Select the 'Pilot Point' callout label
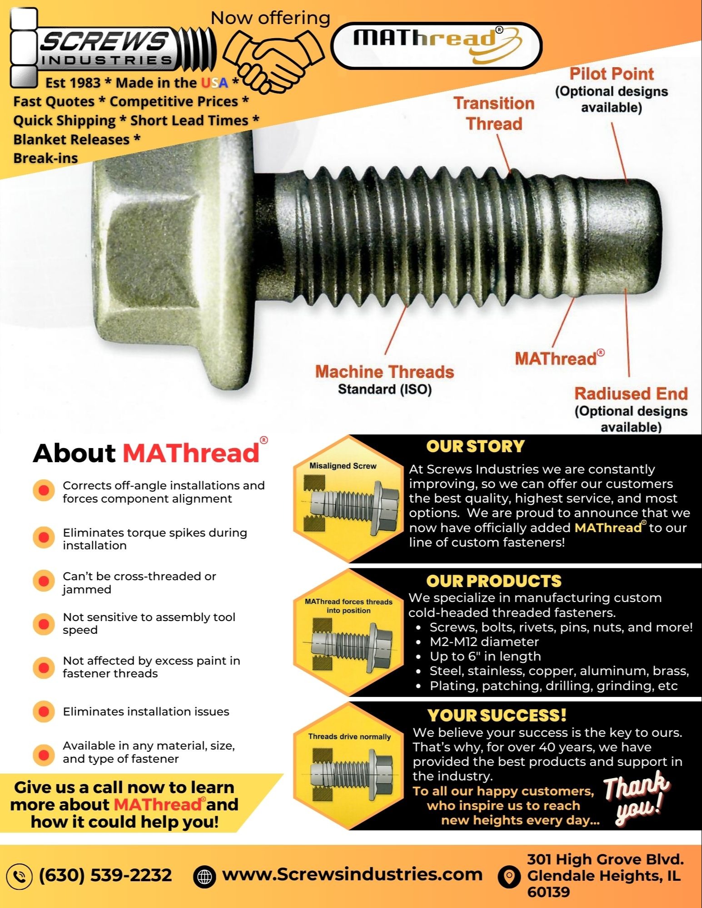click(612, 74)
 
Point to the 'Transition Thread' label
click(494, 113)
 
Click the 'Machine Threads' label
click(384, 372)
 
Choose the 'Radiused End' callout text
click(631, 394)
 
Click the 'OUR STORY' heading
click(475, 446)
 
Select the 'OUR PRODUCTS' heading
click(493, 581)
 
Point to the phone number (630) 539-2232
click(105, 875)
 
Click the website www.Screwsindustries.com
click(352, 874)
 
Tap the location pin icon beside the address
click(509, 876)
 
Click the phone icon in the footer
click(19, 876)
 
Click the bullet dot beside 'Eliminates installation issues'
click(44, 711)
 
